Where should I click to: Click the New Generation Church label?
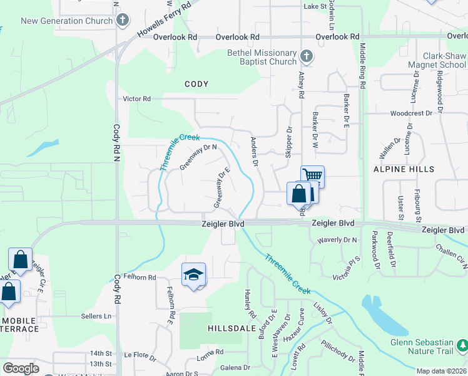pos(67,21)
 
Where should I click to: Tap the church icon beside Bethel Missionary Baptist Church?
pos(306,57)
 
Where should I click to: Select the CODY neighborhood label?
pos(196,84)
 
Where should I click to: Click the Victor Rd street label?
pos(137,99)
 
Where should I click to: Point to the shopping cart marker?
pos(312,176)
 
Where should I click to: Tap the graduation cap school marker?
pos(194,274)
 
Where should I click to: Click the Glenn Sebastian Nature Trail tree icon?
pos(462,345)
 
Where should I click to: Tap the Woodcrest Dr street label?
pos(411,113)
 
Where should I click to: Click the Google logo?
pos(21,368)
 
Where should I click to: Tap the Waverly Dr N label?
pos(337,239)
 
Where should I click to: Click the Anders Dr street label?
pos(255,152)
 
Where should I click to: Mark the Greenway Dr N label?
pos(198,157)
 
